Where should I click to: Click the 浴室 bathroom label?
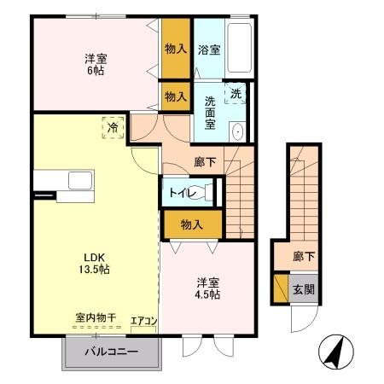click(x=208, y=49)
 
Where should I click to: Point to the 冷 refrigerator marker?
click(x=113, y=127)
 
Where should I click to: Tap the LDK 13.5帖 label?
click(x=96, y=262)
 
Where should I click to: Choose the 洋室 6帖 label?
click(x=96, y=66)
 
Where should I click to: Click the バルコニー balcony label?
click(x=111, y=351)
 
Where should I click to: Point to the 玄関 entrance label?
click(x=303, y=288)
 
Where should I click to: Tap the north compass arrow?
click(x=334, y=351)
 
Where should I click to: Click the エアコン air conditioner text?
click(x=143, y=322)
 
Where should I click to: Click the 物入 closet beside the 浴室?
click(x=176, y=48)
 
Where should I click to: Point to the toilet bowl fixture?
click(x=205, y=193)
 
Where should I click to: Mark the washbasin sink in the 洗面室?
click(x=237, y=132)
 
